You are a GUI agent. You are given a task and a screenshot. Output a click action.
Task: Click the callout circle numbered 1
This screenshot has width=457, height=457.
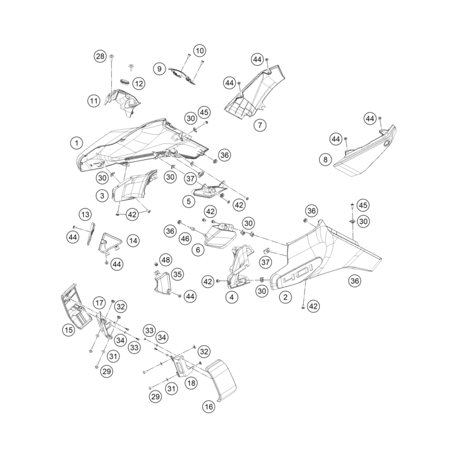pos(76,143)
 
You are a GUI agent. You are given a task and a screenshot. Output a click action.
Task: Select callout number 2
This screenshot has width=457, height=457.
pos(285,297)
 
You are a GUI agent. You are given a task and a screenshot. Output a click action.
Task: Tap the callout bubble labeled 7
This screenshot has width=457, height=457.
pos(260,125)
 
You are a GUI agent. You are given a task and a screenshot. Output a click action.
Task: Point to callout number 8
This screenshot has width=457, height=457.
pos(325,160)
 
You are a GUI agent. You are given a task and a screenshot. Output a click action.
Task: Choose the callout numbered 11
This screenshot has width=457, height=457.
pos(93,100)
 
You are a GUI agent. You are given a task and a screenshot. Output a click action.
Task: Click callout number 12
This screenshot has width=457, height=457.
pos(139,83)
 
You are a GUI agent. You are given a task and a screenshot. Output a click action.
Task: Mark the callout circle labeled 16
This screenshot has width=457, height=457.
pos(209,407)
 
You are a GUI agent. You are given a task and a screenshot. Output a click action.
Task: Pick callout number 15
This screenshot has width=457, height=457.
pos(69,330)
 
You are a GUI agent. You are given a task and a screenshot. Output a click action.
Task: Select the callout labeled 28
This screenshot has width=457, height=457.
pos(100,56)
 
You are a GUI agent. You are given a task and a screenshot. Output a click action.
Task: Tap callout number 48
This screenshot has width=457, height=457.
pos(165,260)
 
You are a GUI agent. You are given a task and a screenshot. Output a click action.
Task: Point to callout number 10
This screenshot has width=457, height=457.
pos(199,50)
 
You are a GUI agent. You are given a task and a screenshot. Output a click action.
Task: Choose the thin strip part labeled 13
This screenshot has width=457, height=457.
pos(92,234)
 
